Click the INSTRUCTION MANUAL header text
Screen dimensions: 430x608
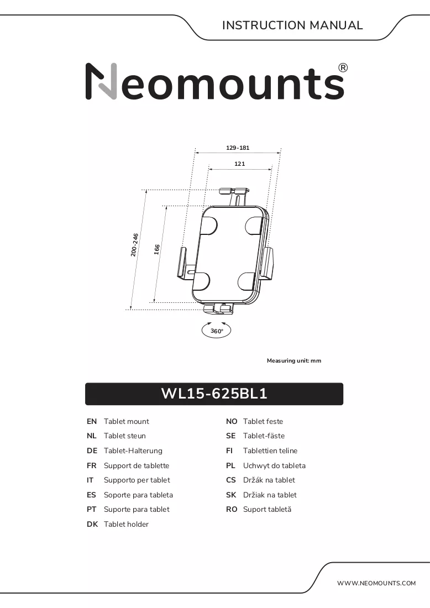[x=292, y=25]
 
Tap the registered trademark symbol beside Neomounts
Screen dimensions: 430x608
[x=343, y=68]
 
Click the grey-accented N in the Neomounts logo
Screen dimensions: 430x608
[x=101, y=81]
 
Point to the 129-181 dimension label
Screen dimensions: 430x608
[x=238, y=148]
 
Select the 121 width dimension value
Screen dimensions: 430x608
[x=240, y=164]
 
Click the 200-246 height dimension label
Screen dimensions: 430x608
[x=134, y=245]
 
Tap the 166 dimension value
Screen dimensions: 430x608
[x=157, y=249]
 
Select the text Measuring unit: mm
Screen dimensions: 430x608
[x=294, y=360]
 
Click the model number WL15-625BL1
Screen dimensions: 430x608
[x=214, y=394]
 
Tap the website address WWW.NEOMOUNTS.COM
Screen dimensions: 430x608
[x=376, y=583]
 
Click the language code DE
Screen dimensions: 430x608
[x=92, y=450]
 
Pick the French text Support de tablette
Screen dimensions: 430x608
[x=137, y=465]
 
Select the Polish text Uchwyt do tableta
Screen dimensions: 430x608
[x=274, y=465]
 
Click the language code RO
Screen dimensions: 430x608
[x=232, y=510]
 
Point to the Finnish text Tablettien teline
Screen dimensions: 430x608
[x=270, y=450]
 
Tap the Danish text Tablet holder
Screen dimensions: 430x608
[x=126, y=524]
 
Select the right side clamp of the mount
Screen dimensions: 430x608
[x=268, y=263]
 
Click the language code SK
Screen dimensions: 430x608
[x=231, y=495]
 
